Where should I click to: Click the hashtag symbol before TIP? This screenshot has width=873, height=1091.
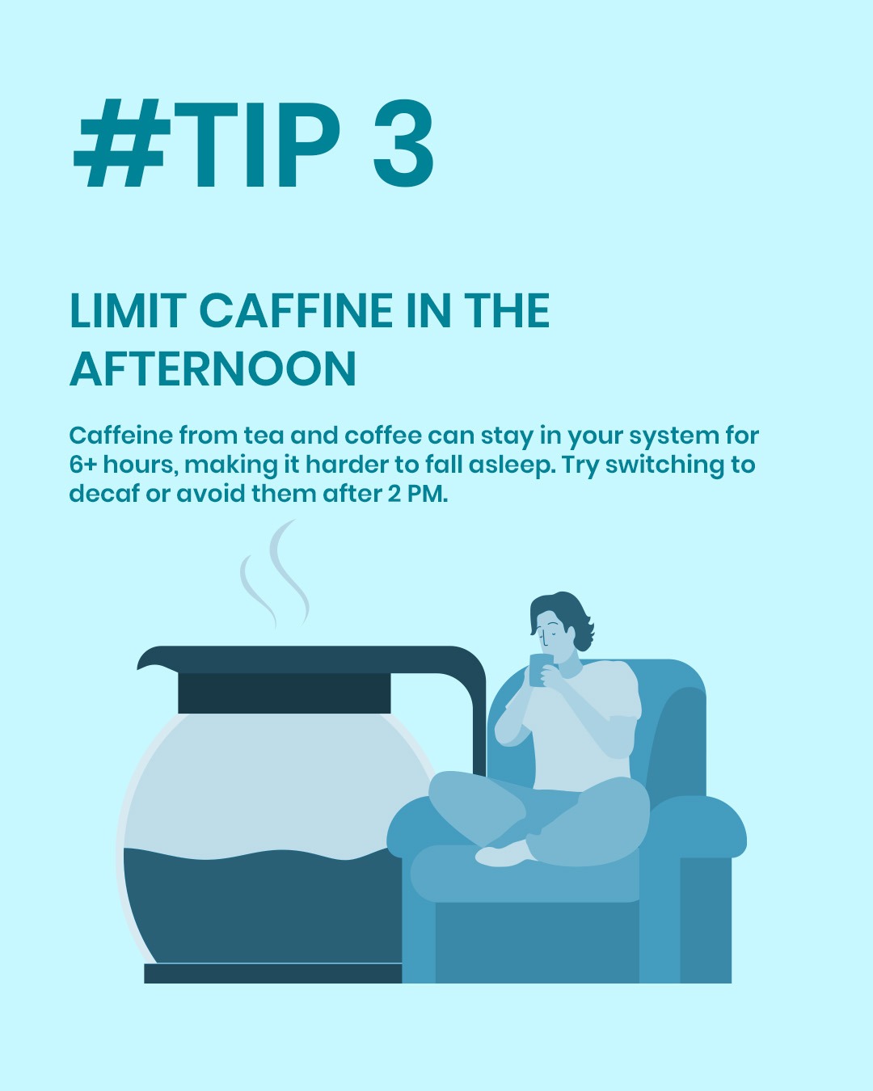click(122, 144)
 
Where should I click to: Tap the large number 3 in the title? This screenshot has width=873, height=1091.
click(403, 144)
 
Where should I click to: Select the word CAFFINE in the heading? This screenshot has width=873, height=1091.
click(296, 310)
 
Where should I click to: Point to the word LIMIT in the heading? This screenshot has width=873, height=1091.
click(128, 310)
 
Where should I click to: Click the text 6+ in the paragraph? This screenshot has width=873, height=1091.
click(83, 465)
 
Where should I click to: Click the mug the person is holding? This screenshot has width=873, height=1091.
click(541, 670)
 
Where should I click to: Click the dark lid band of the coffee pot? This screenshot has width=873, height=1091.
click(284, 693)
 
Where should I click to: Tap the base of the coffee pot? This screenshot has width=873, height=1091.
click(273, 973)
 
